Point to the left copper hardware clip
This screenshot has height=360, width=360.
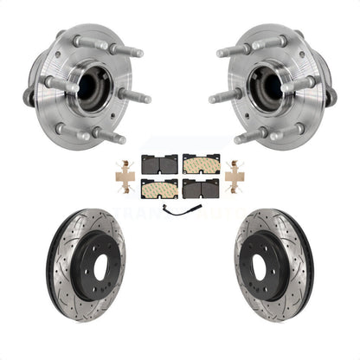coord(126,177)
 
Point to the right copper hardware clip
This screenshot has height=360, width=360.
coord(234,177)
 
